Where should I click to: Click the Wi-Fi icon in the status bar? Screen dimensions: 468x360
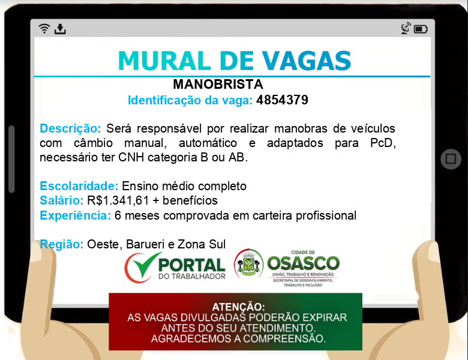pyautogui.click(x=44, y=28)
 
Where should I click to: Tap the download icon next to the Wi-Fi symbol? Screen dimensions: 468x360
pyautogui.click(x=60, y=29)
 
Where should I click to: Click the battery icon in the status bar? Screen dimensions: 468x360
pyautogui.click(x=421, y=29)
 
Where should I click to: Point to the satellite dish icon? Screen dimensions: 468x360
pyautogui.click(x=406, y=28)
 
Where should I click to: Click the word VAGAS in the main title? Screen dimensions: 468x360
pyautogui.click(x=307, y=61)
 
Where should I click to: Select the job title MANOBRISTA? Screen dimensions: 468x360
pyautogui.click(x=218, y=84)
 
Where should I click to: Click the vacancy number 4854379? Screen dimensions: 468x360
pyautogui.click(x=282, y=100)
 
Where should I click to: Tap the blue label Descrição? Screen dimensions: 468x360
pyautogui.click(x=70, y=128)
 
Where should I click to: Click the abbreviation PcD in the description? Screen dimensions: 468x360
pyautogui.click(x=383, y=143)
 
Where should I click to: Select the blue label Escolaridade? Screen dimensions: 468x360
pyautogui.click(x=79, y=186)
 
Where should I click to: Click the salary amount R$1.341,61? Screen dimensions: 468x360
pyautogui.click(x=118, y=200)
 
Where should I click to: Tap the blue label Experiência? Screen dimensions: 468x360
pyautogui.click(x=76, y=215)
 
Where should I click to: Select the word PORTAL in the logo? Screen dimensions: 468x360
pyautogui.click(x=191, y=265)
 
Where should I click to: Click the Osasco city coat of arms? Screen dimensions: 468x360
pyautogui.click(x=248, y=263)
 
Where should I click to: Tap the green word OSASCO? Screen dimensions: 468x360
pyautogui.click(x=303, y=263)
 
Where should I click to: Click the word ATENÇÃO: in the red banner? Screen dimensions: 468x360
pyautogui.click(x=238, y=307)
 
